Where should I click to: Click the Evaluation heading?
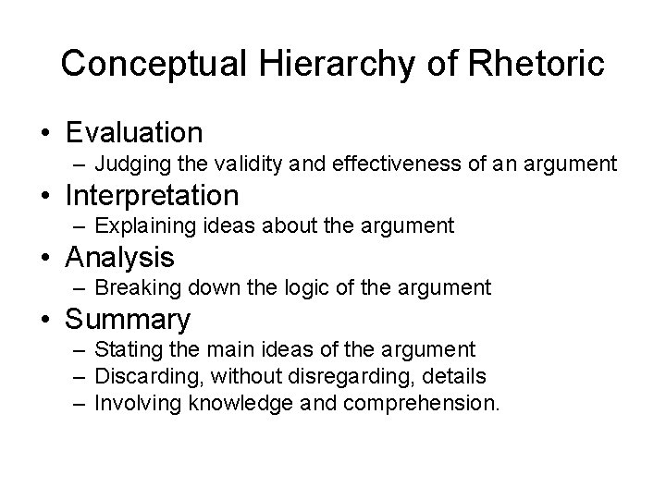pyautogui.click(x=134, y=132)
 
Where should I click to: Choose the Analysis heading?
pyautogui.click(x=119, y=256)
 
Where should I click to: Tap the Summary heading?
pyautogui.click(x=128, y=319)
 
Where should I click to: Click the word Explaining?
pyautogui.click(x=141, y=226)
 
